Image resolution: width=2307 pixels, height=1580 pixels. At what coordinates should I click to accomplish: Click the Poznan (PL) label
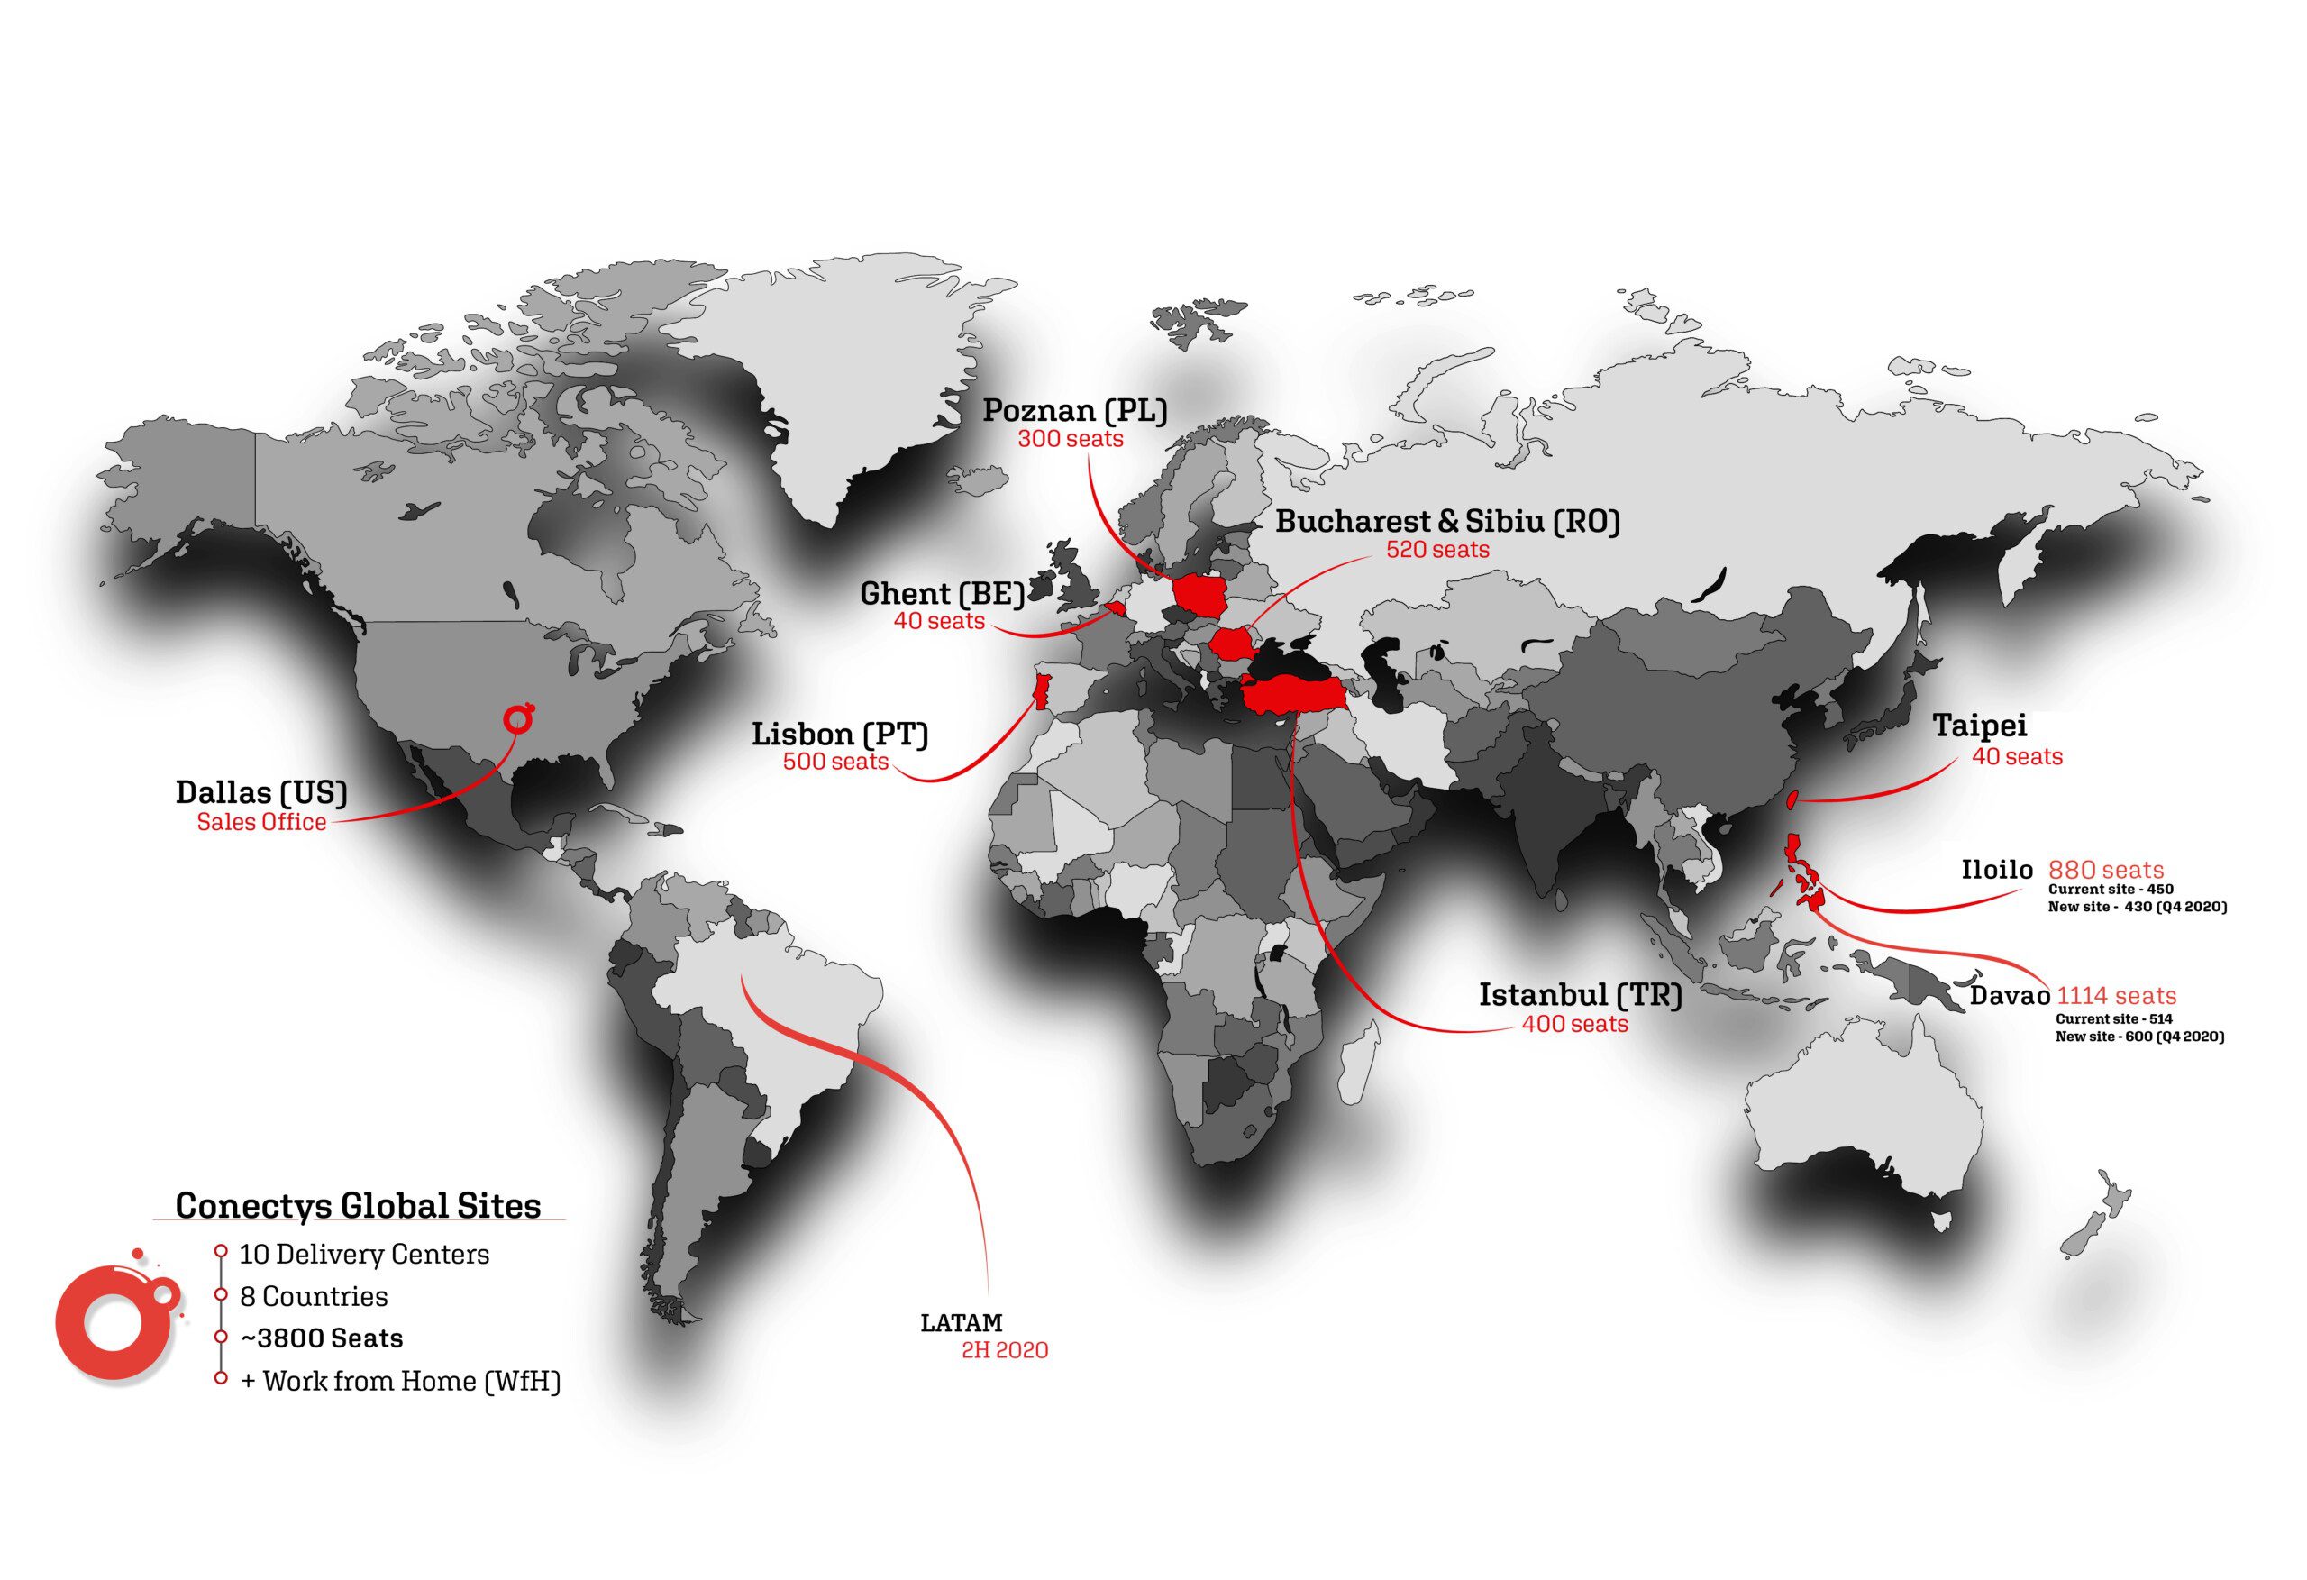pyautogui.click(x=1074, y=410)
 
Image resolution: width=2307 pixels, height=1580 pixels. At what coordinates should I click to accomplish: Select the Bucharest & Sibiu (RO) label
pyautogui.click(x=1447, y=521)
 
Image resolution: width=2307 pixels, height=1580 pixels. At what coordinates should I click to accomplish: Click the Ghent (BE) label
pyautogui.click(x=941, y=594)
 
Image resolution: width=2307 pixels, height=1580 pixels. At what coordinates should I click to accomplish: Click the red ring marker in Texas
pyautogui.click(x=517, y=718)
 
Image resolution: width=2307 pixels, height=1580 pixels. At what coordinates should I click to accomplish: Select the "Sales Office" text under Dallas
pyautogui.click(x=261, y=822)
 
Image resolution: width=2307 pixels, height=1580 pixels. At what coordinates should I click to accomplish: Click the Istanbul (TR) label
pyautogui.click(x=1581, y=995)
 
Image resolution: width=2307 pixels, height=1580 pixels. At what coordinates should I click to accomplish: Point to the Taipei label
pyautogui.click(x=1979, y=726)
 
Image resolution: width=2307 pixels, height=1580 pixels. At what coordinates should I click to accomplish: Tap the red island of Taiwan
pyautogui.click(x=1792, y=800)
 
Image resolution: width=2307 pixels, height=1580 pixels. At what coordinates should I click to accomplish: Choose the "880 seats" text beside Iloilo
pyautogui.click(x=2105, y=870)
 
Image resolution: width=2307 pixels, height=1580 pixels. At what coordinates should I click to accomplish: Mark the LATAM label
pyautogui.click(x=961, y=1323)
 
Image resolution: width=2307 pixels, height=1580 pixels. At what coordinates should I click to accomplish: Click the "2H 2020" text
pyautogui.click(x=1005, y=1349)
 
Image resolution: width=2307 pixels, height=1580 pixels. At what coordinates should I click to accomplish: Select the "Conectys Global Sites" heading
pyautogui.click(x=359, y=1206)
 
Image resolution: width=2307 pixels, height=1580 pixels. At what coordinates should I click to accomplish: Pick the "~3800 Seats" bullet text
pyautogui.click(x=322, y=1338)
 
